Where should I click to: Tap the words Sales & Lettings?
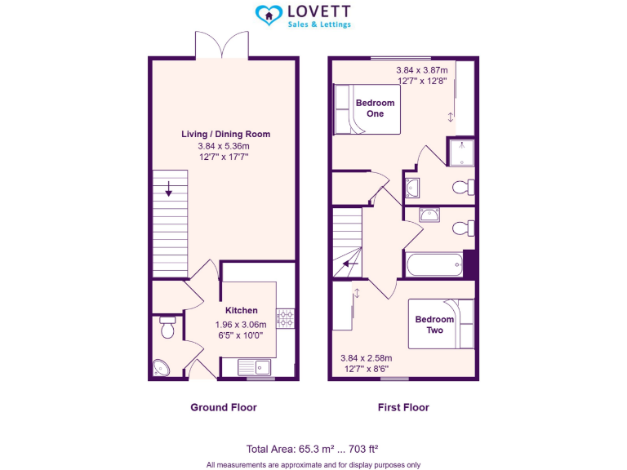319,24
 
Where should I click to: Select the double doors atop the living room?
222,45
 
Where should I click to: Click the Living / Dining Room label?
225,134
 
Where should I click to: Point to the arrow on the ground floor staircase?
168,193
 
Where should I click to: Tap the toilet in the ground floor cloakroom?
168,328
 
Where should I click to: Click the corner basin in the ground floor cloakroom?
159,369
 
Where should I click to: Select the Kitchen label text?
242,310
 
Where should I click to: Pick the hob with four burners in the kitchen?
286,318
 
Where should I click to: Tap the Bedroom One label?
375,109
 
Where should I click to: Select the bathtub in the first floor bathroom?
434,265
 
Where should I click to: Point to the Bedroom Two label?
434,325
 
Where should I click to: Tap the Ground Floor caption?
224,407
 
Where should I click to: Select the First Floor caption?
403,407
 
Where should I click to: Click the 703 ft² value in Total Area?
359,449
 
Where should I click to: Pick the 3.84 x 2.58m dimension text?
366,358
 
